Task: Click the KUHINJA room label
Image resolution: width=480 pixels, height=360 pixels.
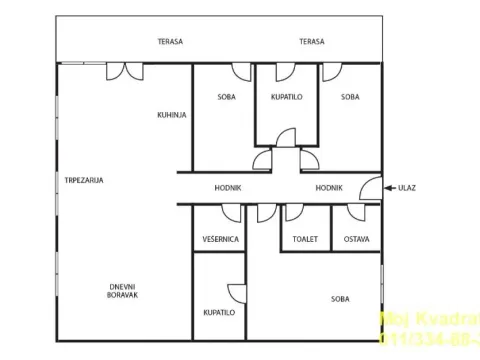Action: click(x=172, y=115)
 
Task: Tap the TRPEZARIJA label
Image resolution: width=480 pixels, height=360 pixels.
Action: click(x=84, y=180)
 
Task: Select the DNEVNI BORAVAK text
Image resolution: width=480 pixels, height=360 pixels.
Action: click(x=124, y=292)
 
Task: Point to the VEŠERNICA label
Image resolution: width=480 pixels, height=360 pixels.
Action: click(x=219, y=239)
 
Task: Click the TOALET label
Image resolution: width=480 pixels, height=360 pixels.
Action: click(x=305, y=239)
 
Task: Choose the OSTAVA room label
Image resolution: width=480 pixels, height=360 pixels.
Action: click(x=356, y=239)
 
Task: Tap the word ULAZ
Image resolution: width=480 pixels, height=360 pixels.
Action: click(x=407, y=187)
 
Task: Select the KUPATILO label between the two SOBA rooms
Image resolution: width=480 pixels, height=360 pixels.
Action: click(x=287, y=97)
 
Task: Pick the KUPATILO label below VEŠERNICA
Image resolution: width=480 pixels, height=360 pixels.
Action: click(x=219, y=312)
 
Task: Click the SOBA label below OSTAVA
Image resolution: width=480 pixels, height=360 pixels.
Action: click(x=341, y=299)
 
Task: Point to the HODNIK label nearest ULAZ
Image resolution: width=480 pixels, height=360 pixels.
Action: click(x=330, y=187)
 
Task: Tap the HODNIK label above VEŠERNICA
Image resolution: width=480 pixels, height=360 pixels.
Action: click(x=228, y=187)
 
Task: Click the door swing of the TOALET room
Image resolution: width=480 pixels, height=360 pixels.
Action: click(x=292, y=212)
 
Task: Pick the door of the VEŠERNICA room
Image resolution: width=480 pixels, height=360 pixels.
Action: click(x=231, y=213)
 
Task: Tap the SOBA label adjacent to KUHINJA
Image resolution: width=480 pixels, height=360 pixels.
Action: click(x=227, y=97)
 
